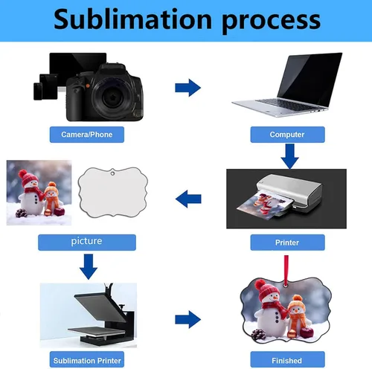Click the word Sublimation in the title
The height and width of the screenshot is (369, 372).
[132, 19]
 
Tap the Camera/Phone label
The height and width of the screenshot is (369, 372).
[87, 135]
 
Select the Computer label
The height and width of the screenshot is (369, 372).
[287, 135]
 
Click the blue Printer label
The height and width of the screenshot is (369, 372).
[287, 243]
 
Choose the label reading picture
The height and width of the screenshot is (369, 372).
[87, 243]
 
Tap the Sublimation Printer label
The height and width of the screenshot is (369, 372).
[87, 359]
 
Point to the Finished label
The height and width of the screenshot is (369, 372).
[287, 359]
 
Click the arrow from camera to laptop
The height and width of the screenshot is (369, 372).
[187, 88]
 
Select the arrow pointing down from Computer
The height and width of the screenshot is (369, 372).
[289, 156]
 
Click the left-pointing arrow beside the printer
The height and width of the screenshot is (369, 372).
[188, 199]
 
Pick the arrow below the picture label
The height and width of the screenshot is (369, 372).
[89, 266]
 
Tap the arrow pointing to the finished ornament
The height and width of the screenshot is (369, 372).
[187, 319]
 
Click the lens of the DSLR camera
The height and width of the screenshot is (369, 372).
[112, 97]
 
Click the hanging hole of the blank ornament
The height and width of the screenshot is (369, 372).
[112, 173]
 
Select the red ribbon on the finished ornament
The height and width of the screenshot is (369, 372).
[286, 270]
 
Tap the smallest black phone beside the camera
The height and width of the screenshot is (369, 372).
[38, 92]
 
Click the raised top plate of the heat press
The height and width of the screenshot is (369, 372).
[100, 307]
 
